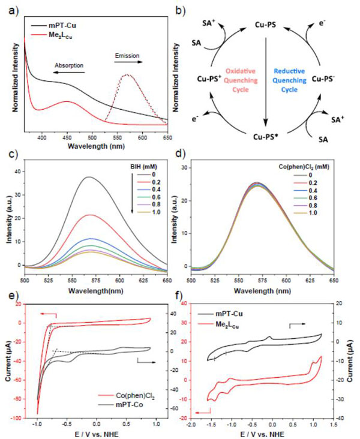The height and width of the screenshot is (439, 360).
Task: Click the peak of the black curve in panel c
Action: [x=91, y=177]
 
